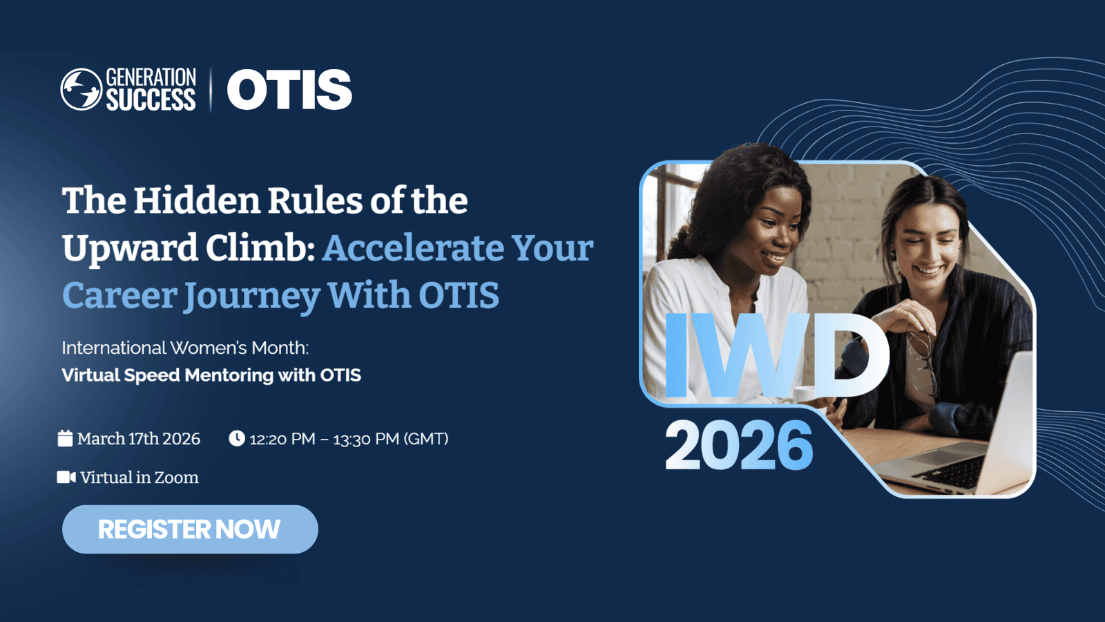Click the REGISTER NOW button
tap(190, 529)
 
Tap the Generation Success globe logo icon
tap(81, 89)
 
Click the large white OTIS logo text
tap(289, 89)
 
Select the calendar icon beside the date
tap(65, 438)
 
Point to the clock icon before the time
tap(237, 438)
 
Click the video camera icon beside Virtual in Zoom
tap(66, 478)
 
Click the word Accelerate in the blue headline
tap(412, 248)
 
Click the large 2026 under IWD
tap(738, 445)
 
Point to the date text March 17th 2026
tap(139, 439)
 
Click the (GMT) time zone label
tap(425, 439)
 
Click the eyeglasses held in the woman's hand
tap(922, 363)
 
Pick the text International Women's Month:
tap(185, 348)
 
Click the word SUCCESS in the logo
tap(151, 100)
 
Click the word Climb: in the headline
tap(260, 248)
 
